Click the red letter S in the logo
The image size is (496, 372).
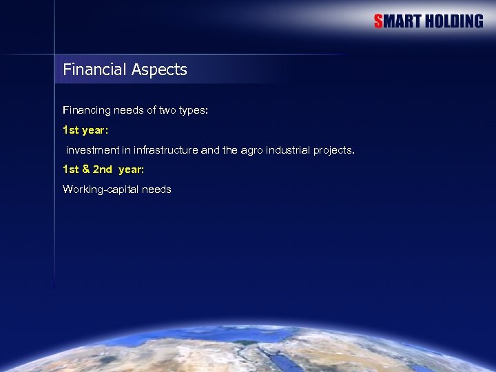tap(378, 21)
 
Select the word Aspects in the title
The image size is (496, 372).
tap(159, 70)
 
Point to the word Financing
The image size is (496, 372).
tap(85, 110)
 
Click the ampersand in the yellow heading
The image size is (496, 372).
tap(85, 169)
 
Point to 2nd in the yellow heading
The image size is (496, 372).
tap(102, 169)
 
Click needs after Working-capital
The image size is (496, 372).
tap(156, 189)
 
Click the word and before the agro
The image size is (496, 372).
tap(210, 150)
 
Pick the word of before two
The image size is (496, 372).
tap(154, 110)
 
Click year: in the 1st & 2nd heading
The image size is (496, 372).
tap(131, 169)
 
